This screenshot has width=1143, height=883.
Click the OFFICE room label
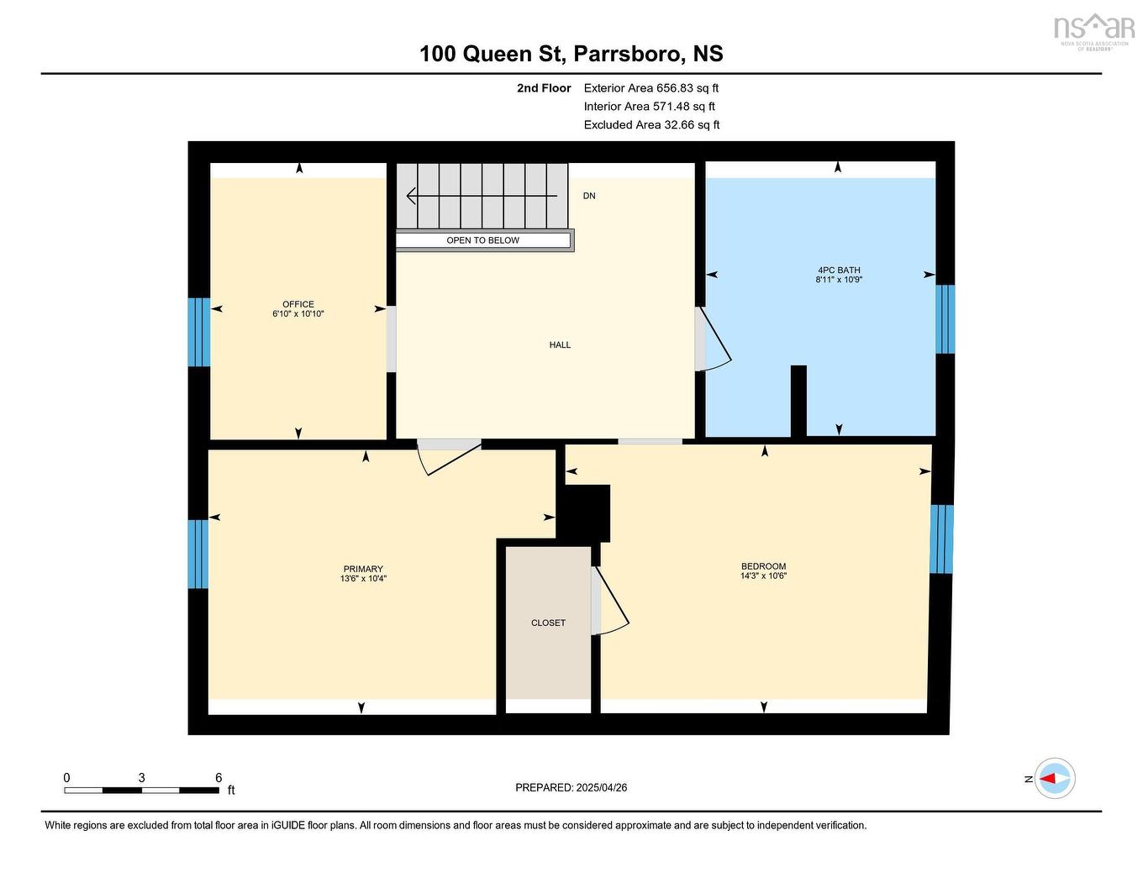tap(298, 304)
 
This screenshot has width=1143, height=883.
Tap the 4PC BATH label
tap(839, 271)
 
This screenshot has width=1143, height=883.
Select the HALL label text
tap(560, 344)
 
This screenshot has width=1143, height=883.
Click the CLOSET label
tap(548, 623)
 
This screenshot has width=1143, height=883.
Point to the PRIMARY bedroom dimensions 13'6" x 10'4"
tap(363, 579)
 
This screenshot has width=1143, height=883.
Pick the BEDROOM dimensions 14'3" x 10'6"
tap(763, 576)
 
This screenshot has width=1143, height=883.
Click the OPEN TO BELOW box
tap(483, 240)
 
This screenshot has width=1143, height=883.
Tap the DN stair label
tap(589, 196)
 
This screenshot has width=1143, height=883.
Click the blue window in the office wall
tap(198, 332)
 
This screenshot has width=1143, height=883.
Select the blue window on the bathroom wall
tap(945, 319)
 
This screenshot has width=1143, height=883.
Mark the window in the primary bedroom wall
tap(198, 554)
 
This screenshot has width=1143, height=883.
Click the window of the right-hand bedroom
tap(941, 539)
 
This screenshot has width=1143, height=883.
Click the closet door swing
tap(612, 601)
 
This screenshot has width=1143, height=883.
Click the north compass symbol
tap(1054, 779)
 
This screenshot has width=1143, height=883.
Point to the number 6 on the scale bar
tap(219, 778)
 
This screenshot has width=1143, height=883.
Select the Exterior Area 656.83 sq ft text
tap(651, 88)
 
